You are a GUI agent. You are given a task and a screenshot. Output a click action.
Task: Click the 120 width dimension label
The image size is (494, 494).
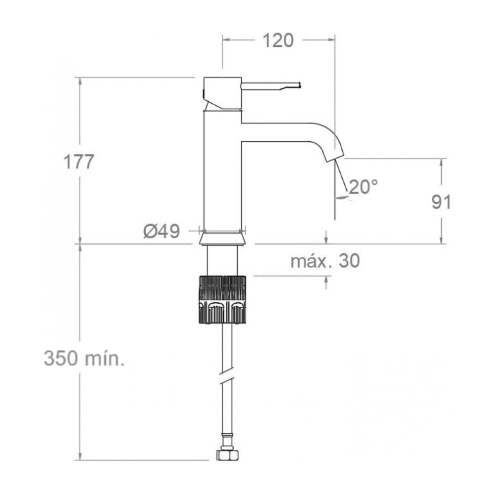tap(278, 41)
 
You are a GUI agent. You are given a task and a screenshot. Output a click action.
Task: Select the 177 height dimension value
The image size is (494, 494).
tap(79, 162)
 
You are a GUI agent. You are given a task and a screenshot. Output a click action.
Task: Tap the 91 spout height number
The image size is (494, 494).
tap(441, 202)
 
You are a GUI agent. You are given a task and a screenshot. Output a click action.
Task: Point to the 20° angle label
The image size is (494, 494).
tap(363, 187)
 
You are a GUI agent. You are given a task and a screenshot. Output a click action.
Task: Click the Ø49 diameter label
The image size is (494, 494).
tap(162, 232)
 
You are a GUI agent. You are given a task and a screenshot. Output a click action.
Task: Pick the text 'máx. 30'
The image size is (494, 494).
tap(325, 261)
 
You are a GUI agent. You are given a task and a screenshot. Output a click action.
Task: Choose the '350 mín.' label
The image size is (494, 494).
tap(84, 359)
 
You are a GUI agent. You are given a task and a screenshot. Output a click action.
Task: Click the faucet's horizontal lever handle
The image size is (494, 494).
tap(271, 86)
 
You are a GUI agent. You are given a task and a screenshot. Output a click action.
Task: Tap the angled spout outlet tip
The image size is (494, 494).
tap(334, 158)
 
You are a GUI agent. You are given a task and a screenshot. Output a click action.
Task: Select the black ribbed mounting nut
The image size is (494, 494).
tap(222, 299)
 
